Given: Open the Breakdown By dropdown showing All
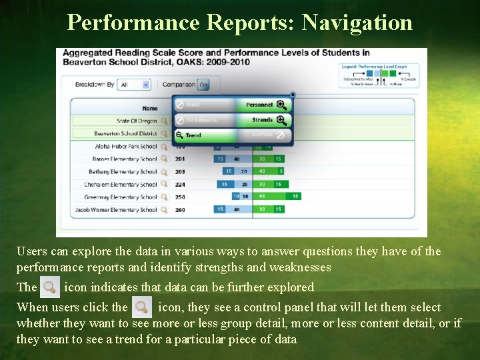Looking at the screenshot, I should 134,85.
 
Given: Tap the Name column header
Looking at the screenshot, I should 150,108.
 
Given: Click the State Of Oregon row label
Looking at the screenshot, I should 136,121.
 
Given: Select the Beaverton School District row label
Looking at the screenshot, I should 125,133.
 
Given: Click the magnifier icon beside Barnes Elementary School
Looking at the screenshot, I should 164,159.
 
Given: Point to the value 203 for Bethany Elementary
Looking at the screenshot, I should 180,172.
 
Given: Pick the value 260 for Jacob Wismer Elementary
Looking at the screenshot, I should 180,210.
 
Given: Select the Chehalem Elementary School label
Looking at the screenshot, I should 120,185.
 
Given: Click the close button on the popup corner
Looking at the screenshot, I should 292,95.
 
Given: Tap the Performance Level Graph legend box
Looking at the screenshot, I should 379,75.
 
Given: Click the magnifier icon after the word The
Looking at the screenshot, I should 49,288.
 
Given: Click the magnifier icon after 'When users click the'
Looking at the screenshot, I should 141,308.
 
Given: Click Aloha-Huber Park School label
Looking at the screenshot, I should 125,147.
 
